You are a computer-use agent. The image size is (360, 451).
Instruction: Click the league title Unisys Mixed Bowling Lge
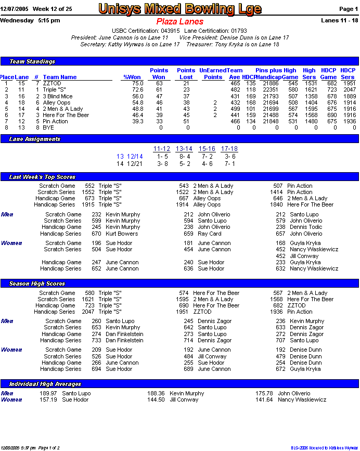180,9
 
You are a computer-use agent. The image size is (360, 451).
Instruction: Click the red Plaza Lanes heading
180,22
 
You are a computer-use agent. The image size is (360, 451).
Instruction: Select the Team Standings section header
32,61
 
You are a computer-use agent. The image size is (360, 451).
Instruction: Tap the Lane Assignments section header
35,139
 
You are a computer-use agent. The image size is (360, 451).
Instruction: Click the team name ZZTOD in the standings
52,83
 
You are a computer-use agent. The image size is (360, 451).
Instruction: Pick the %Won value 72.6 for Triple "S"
137,90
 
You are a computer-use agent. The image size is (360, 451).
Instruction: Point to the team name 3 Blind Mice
58,96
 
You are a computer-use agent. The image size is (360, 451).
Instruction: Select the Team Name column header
60,77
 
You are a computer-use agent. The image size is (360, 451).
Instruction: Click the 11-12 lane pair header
162,149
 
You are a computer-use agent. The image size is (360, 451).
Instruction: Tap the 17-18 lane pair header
229,149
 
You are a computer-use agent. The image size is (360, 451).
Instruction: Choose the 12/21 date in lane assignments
135,164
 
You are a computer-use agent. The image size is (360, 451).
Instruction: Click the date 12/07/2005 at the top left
14,9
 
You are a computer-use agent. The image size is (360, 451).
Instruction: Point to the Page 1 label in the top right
349,9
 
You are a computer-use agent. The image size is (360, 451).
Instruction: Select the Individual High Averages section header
45,384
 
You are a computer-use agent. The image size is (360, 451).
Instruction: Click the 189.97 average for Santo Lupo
48,394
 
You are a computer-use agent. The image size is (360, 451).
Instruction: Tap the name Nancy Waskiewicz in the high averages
302,400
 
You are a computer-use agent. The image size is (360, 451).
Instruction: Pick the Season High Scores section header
37,284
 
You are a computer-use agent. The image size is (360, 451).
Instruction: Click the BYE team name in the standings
48,127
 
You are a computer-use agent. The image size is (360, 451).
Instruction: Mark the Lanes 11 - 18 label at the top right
340,20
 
